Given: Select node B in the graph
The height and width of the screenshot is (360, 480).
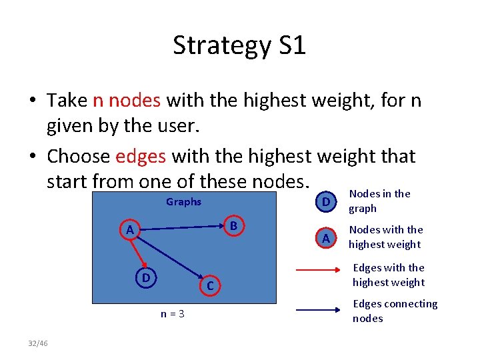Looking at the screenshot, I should point(233,226).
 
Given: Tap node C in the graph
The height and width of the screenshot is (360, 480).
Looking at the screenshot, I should point(209,286).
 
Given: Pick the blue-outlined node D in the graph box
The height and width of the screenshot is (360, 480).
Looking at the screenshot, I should point(145,277).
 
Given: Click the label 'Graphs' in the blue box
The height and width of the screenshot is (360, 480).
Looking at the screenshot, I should point(183,202).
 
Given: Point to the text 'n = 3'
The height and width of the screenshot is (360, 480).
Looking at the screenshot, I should point(172,314).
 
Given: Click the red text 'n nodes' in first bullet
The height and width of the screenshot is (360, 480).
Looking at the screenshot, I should point(127,101).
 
